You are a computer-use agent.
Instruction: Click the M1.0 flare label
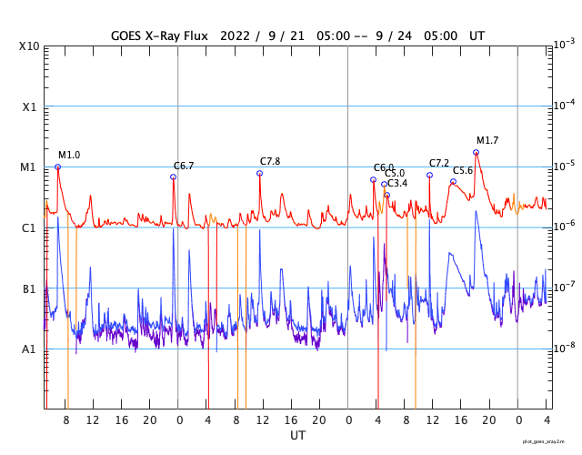[69, 156]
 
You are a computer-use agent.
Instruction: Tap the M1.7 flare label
[487, 140]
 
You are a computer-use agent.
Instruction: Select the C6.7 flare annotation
[184, 166]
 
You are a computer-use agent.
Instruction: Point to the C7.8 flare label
[270, 161]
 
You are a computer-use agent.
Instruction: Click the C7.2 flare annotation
[439, 163]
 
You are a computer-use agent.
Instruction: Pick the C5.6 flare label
[463, 170]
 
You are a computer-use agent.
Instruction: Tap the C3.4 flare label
[397, 184]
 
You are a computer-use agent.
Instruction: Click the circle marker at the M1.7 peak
[476, 152]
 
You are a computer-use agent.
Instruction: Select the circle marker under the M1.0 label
[57, 167]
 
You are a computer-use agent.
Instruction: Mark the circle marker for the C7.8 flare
[259, 173]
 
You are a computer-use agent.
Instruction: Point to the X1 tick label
[29, 106]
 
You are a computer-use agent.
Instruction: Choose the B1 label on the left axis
[29, 288]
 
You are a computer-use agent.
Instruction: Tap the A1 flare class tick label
[29, 349]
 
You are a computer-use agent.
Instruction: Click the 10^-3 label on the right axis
[563, 44]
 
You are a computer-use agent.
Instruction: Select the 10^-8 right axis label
[563, 348]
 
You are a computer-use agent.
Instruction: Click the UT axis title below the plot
[297, 436]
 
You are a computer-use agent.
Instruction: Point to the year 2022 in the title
[237, 35]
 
